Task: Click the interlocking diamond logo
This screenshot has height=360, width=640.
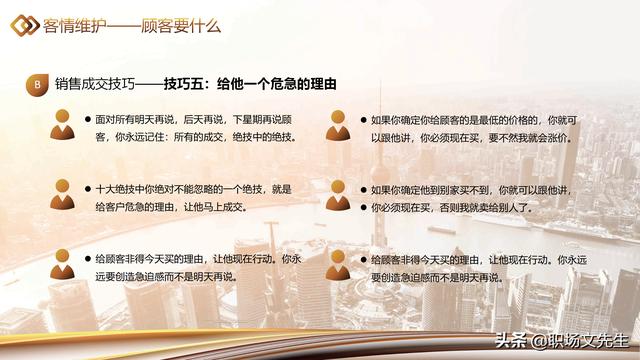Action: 24,25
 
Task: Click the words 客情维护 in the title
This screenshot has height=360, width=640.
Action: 74,26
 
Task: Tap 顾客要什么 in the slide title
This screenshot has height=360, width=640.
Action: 181,26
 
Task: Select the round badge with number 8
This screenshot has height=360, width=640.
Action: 37,84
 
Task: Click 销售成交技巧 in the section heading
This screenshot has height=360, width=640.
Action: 95,84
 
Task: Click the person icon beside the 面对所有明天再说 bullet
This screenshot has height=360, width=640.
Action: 62,124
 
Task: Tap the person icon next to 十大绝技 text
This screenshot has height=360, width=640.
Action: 62,194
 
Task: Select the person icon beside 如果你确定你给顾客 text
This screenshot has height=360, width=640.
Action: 338,125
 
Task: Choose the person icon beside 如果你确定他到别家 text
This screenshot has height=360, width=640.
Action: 338,195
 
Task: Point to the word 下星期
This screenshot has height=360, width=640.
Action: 247,120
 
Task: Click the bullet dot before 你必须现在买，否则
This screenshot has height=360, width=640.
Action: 364,208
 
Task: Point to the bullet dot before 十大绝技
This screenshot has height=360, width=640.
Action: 88,189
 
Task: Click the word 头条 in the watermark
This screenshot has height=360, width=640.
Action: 510,341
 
